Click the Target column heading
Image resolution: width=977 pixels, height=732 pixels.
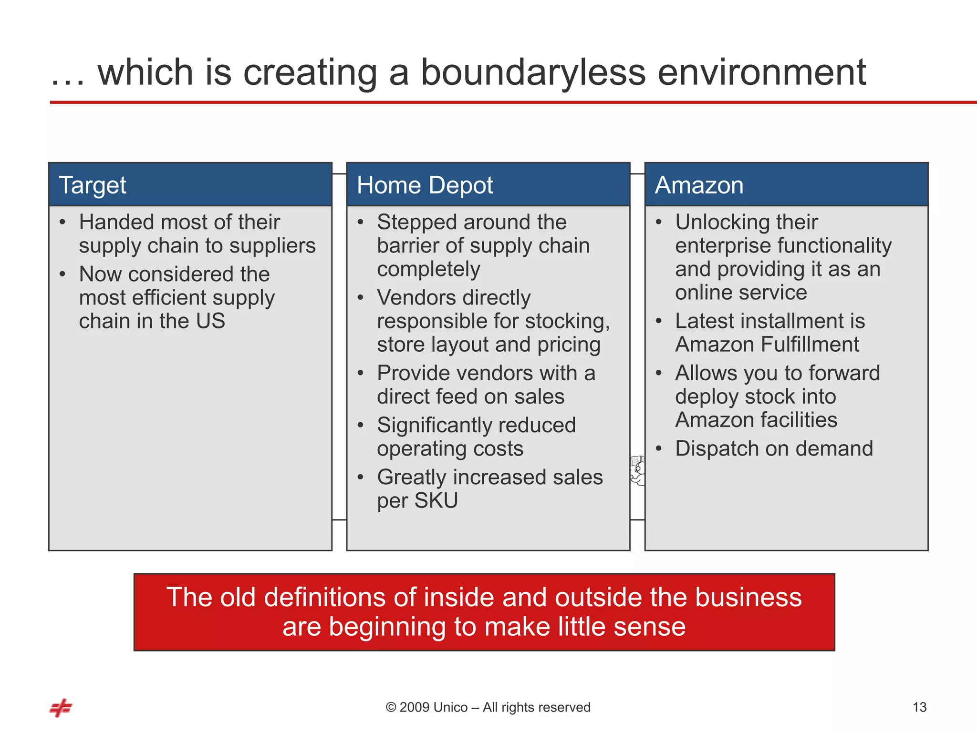click(92, 185)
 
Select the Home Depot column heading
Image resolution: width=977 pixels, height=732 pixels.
click(425, 185)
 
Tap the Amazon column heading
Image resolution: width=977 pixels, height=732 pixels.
click(699, 185)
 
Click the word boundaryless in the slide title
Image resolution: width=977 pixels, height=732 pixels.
click(533, 72)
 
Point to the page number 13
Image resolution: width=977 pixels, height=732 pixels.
click(919, 707)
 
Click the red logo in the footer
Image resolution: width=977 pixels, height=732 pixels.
click(61, 708)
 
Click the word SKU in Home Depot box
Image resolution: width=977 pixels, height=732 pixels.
click(436, 500)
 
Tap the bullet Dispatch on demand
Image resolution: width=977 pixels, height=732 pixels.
click(774, 449)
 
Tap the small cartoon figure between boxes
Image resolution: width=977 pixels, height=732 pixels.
click(638, 470)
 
